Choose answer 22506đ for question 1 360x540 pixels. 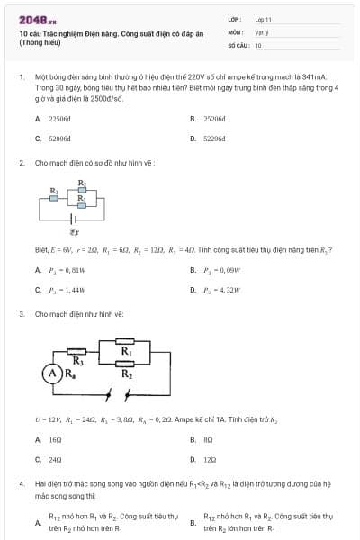(x=59, y=118)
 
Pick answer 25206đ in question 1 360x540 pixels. (x=214, y=118)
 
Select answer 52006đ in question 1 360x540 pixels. (x=59, y=139)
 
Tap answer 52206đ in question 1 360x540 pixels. (x=214, y=139)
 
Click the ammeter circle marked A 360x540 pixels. (x=55, y=371)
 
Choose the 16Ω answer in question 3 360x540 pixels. (x=55, y=439)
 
